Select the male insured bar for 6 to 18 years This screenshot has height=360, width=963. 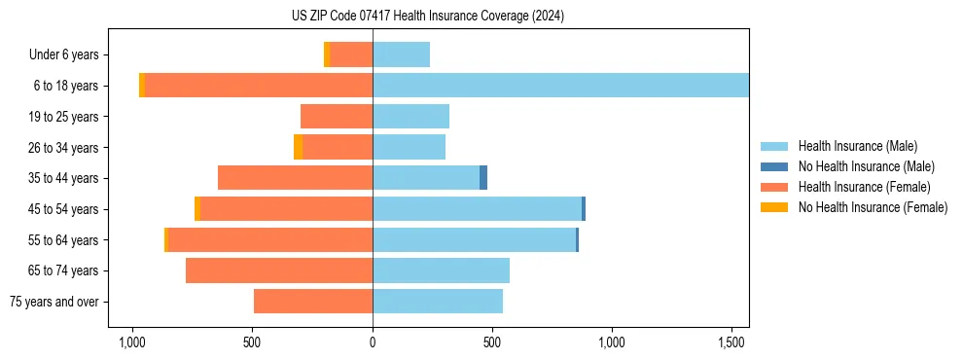(560, 86)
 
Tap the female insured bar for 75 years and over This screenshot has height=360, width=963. (313, 302)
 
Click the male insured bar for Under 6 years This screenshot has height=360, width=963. (401, 54)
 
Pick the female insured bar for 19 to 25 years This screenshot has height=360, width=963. (337, 117)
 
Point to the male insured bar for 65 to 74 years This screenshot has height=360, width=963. (441, 270)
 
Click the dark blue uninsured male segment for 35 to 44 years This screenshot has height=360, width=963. (483, 178)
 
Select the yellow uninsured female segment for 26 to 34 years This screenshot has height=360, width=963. (298, 147)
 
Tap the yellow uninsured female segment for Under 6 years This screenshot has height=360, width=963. (327, 54)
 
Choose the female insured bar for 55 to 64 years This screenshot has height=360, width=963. (270, 239)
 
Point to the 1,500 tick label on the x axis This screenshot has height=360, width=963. (732, 342)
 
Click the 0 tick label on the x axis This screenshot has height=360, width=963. (373, 342)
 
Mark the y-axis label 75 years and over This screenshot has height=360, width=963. (54, 302)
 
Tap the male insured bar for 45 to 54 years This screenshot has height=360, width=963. (477, 209)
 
